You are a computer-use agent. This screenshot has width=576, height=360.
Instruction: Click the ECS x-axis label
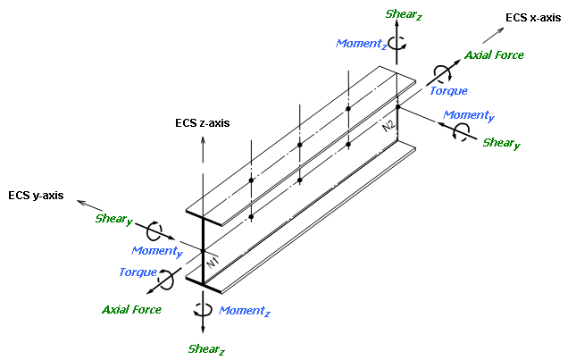(531, 18)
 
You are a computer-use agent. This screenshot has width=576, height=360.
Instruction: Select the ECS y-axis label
(36, 195)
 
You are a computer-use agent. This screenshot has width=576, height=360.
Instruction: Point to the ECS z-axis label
(203, 122)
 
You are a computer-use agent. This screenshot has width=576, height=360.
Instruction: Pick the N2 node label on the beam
(388, 126)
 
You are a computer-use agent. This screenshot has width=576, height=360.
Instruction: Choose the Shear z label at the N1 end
(206, 348)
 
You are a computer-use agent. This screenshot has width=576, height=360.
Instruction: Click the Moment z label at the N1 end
(244, 310)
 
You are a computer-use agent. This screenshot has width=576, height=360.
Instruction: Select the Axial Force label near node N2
(494, 55)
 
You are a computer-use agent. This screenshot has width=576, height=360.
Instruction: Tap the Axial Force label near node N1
(131, 309)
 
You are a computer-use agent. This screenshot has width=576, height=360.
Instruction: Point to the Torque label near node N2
(448, 90)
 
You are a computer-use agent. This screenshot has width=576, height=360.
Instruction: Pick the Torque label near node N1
(138, 272)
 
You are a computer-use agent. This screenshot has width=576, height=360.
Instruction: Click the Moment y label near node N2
(469, 115)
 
